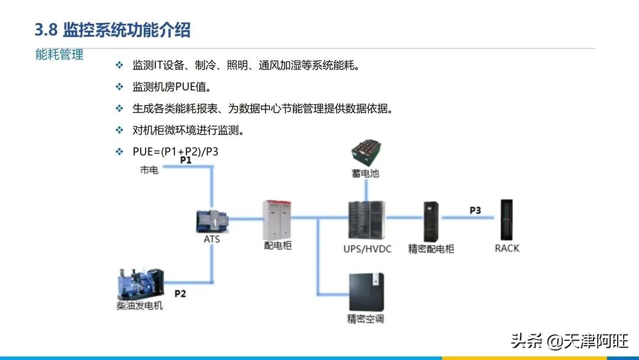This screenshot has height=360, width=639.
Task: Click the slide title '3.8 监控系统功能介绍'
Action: tap(112, 30)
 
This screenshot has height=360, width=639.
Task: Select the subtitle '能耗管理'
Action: tap(60, 54)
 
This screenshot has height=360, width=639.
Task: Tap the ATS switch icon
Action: tap(212, 222)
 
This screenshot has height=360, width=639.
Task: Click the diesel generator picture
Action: tap(141, 284)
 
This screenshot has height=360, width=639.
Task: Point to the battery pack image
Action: tap(366, 153)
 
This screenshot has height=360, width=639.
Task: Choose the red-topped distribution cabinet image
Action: tap(277, 220)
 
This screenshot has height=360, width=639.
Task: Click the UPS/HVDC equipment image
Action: tap(367, 220)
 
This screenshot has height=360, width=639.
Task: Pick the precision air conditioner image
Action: tap(366, 292)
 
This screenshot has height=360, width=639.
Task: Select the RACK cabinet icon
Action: tap(506, 220)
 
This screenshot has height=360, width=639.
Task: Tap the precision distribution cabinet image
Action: tap(431, 221)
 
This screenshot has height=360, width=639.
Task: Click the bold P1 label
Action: tap(186, 160)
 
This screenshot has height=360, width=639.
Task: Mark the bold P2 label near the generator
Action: tap(180, 294)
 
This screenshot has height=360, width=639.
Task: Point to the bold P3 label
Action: tap(475, 210)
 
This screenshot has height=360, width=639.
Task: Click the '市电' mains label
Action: tap(149, 170)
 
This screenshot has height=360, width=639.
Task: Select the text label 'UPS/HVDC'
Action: tap(367, 249)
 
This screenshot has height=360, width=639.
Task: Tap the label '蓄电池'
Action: tap(366, 173)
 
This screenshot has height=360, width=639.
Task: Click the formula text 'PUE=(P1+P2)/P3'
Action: tap(175, 152)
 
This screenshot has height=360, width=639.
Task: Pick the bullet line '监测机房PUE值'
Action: tap(172, 87)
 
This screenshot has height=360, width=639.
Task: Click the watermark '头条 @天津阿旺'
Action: tap(570, 341)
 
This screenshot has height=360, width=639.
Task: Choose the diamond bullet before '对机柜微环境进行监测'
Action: tap(120, 130)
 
